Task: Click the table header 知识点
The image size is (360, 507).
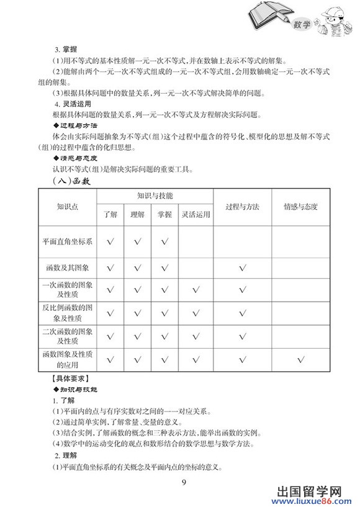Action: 67,205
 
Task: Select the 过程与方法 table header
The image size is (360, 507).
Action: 242,205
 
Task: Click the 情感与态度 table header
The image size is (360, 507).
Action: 300,205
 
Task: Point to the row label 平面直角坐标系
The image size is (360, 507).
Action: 67,242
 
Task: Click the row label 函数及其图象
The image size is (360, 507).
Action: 67,268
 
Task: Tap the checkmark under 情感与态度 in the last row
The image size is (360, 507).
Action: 300,359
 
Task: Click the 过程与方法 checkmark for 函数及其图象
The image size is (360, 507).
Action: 242,268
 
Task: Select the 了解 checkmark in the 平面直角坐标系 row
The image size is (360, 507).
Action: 110,242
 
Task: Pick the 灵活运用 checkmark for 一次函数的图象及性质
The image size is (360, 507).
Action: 196,290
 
